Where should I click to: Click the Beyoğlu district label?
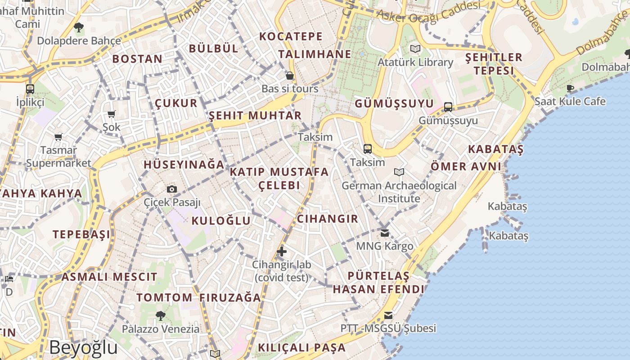tap(83, 347)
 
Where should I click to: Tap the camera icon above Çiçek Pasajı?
tap(171, 189)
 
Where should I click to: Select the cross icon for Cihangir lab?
tap(281, 251)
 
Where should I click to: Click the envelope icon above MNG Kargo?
tap(384, 233)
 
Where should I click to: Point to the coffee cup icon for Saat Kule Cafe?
tap(570, 88)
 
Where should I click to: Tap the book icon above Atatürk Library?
tap(415, 49)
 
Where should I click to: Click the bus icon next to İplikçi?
tap(30, 89)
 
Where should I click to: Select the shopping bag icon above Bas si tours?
tap(290, 75)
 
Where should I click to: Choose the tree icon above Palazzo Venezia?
tap(160, 315)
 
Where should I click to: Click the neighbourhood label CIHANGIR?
tap(328, 219)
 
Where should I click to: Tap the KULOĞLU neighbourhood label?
tap(221, 220)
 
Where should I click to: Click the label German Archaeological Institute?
tap(399, 192)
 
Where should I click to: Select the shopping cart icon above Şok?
tap(112, 114)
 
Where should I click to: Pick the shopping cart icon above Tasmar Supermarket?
tap(58, 136)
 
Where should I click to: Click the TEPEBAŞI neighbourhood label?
tap(81, 234)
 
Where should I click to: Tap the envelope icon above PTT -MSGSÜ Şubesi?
tap(388, 315)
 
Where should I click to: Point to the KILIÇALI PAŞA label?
tap(301, 347)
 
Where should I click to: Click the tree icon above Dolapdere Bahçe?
tap(79, 27)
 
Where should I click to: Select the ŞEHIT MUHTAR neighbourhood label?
tap(255, 116)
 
